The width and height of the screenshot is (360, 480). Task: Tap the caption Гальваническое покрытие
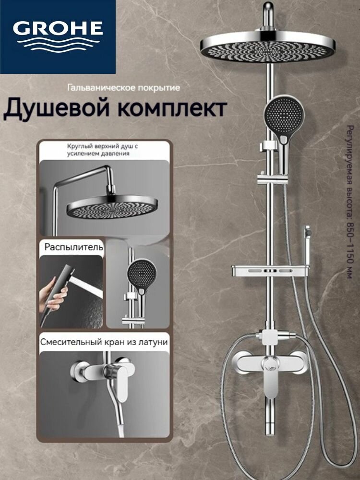point(123,88)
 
